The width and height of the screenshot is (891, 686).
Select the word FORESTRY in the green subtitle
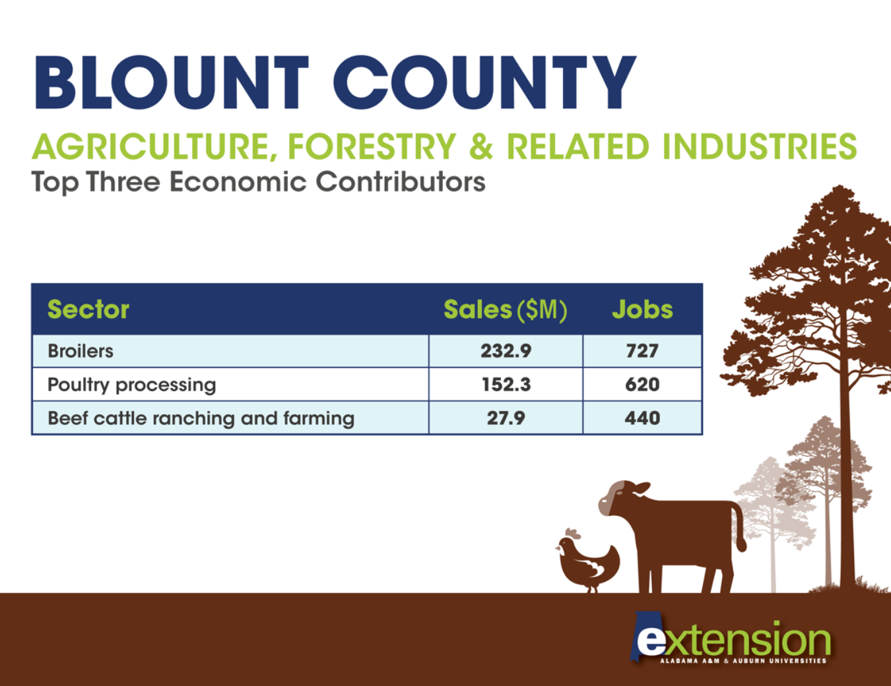tap(372, 146)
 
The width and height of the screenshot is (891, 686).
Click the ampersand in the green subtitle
tap(481, 146)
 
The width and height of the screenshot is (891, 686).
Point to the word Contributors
tap(401, 181)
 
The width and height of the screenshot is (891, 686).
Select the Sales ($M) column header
tap(506, 310)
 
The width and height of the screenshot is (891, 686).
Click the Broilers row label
tap(81, 351)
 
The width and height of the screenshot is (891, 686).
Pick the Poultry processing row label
tap(131, 385)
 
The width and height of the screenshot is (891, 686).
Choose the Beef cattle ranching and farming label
tap(201, 419)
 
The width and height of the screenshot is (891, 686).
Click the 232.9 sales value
tap(506, 351)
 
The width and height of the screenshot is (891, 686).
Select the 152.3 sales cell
tap(506, 385)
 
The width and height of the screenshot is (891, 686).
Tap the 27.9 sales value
tap(506, 418)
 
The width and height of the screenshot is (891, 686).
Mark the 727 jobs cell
tap(642, 351)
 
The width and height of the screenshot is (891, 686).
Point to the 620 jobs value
tap(642, 385)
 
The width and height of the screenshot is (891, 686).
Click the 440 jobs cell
tap(642, 418)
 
